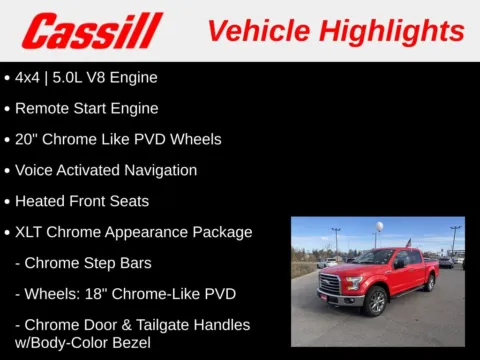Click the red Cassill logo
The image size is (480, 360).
92,30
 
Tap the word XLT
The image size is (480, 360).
31,232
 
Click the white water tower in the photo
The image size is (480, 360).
378,229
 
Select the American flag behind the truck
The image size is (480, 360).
408,243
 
